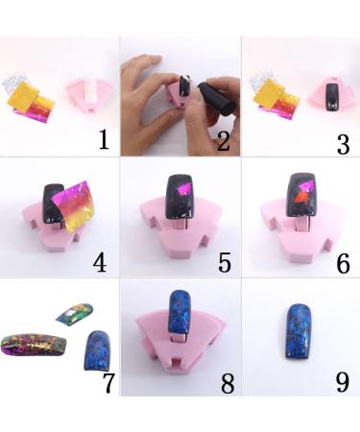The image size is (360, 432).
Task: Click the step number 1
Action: pos(105,141)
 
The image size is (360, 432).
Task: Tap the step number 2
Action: pos(224,141)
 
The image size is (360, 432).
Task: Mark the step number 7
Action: pos(108,381)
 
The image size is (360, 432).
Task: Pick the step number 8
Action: pos(227,381)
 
